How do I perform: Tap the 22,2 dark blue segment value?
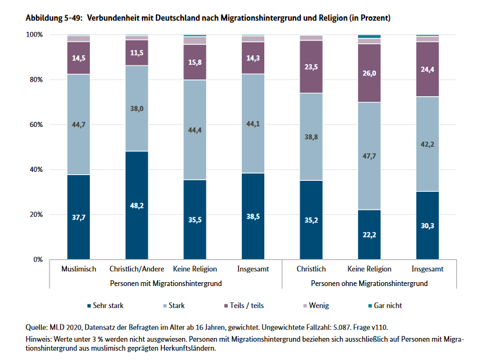coord(370,235)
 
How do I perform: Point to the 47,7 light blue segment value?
coord(370,155)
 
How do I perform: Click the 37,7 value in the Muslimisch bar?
coord(79,218)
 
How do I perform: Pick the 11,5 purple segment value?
coord(137,53)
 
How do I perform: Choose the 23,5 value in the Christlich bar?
coord(311,67)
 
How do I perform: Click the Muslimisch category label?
coord(79,269)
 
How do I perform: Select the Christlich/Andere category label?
coord(137,269)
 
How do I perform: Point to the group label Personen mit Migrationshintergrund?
coord(166,282)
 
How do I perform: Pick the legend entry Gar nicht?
coord(384,305)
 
